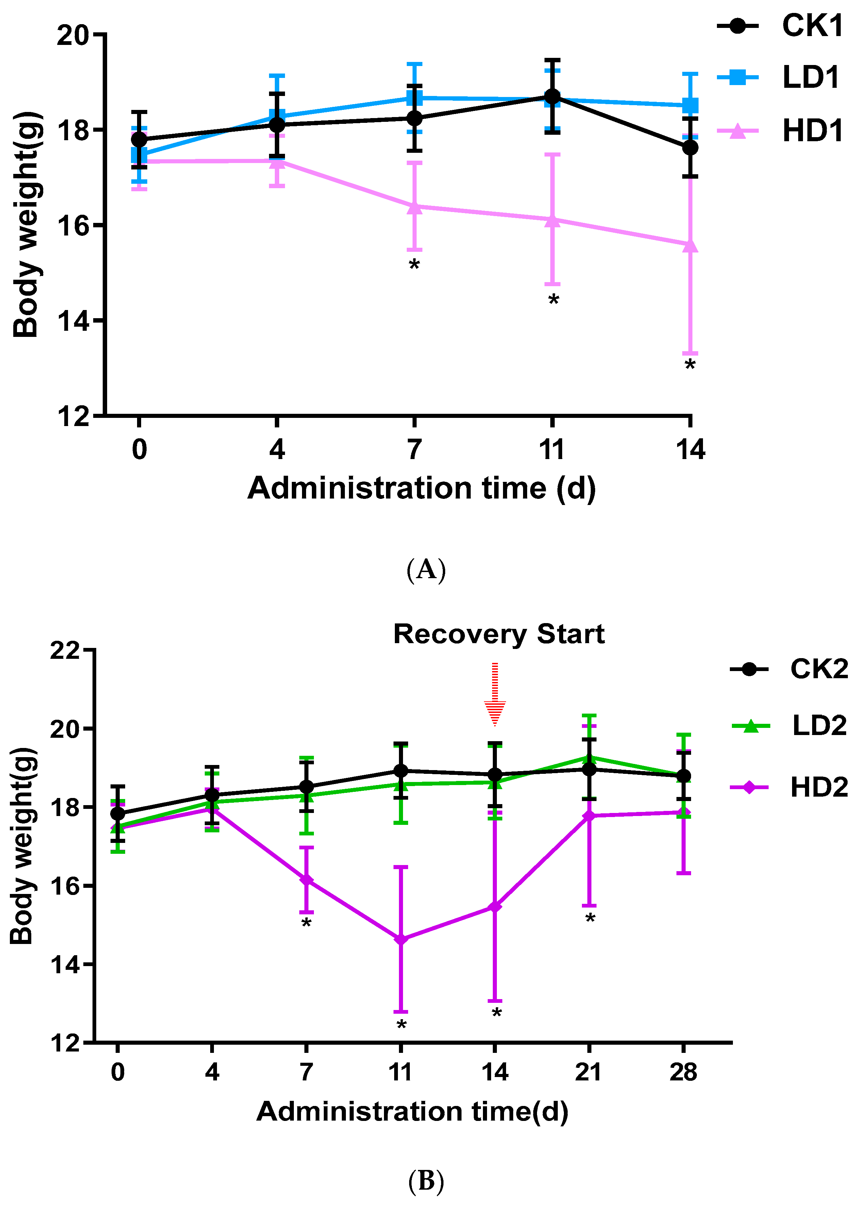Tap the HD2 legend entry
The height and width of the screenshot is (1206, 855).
[x=790, y=788]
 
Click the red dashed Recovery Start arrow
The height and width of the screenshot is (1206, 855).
[x=495, y=694]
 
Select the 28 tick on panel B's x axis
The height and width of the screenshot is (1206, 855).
[x=683, y=1072]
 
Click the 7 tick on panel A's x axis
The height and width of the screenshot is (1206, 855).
[x=414, y=449]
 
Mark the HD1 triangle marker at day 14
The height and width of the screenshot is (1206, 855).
[x=690, y=245]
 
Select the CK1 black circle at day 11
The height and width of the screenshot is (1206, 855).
[x=552, y=96]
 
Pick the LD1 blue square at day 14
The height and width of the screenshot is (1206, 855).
[x=690, y=105]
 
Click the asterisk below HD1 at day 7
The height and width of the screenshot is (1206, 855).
[x=414, y=265]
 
